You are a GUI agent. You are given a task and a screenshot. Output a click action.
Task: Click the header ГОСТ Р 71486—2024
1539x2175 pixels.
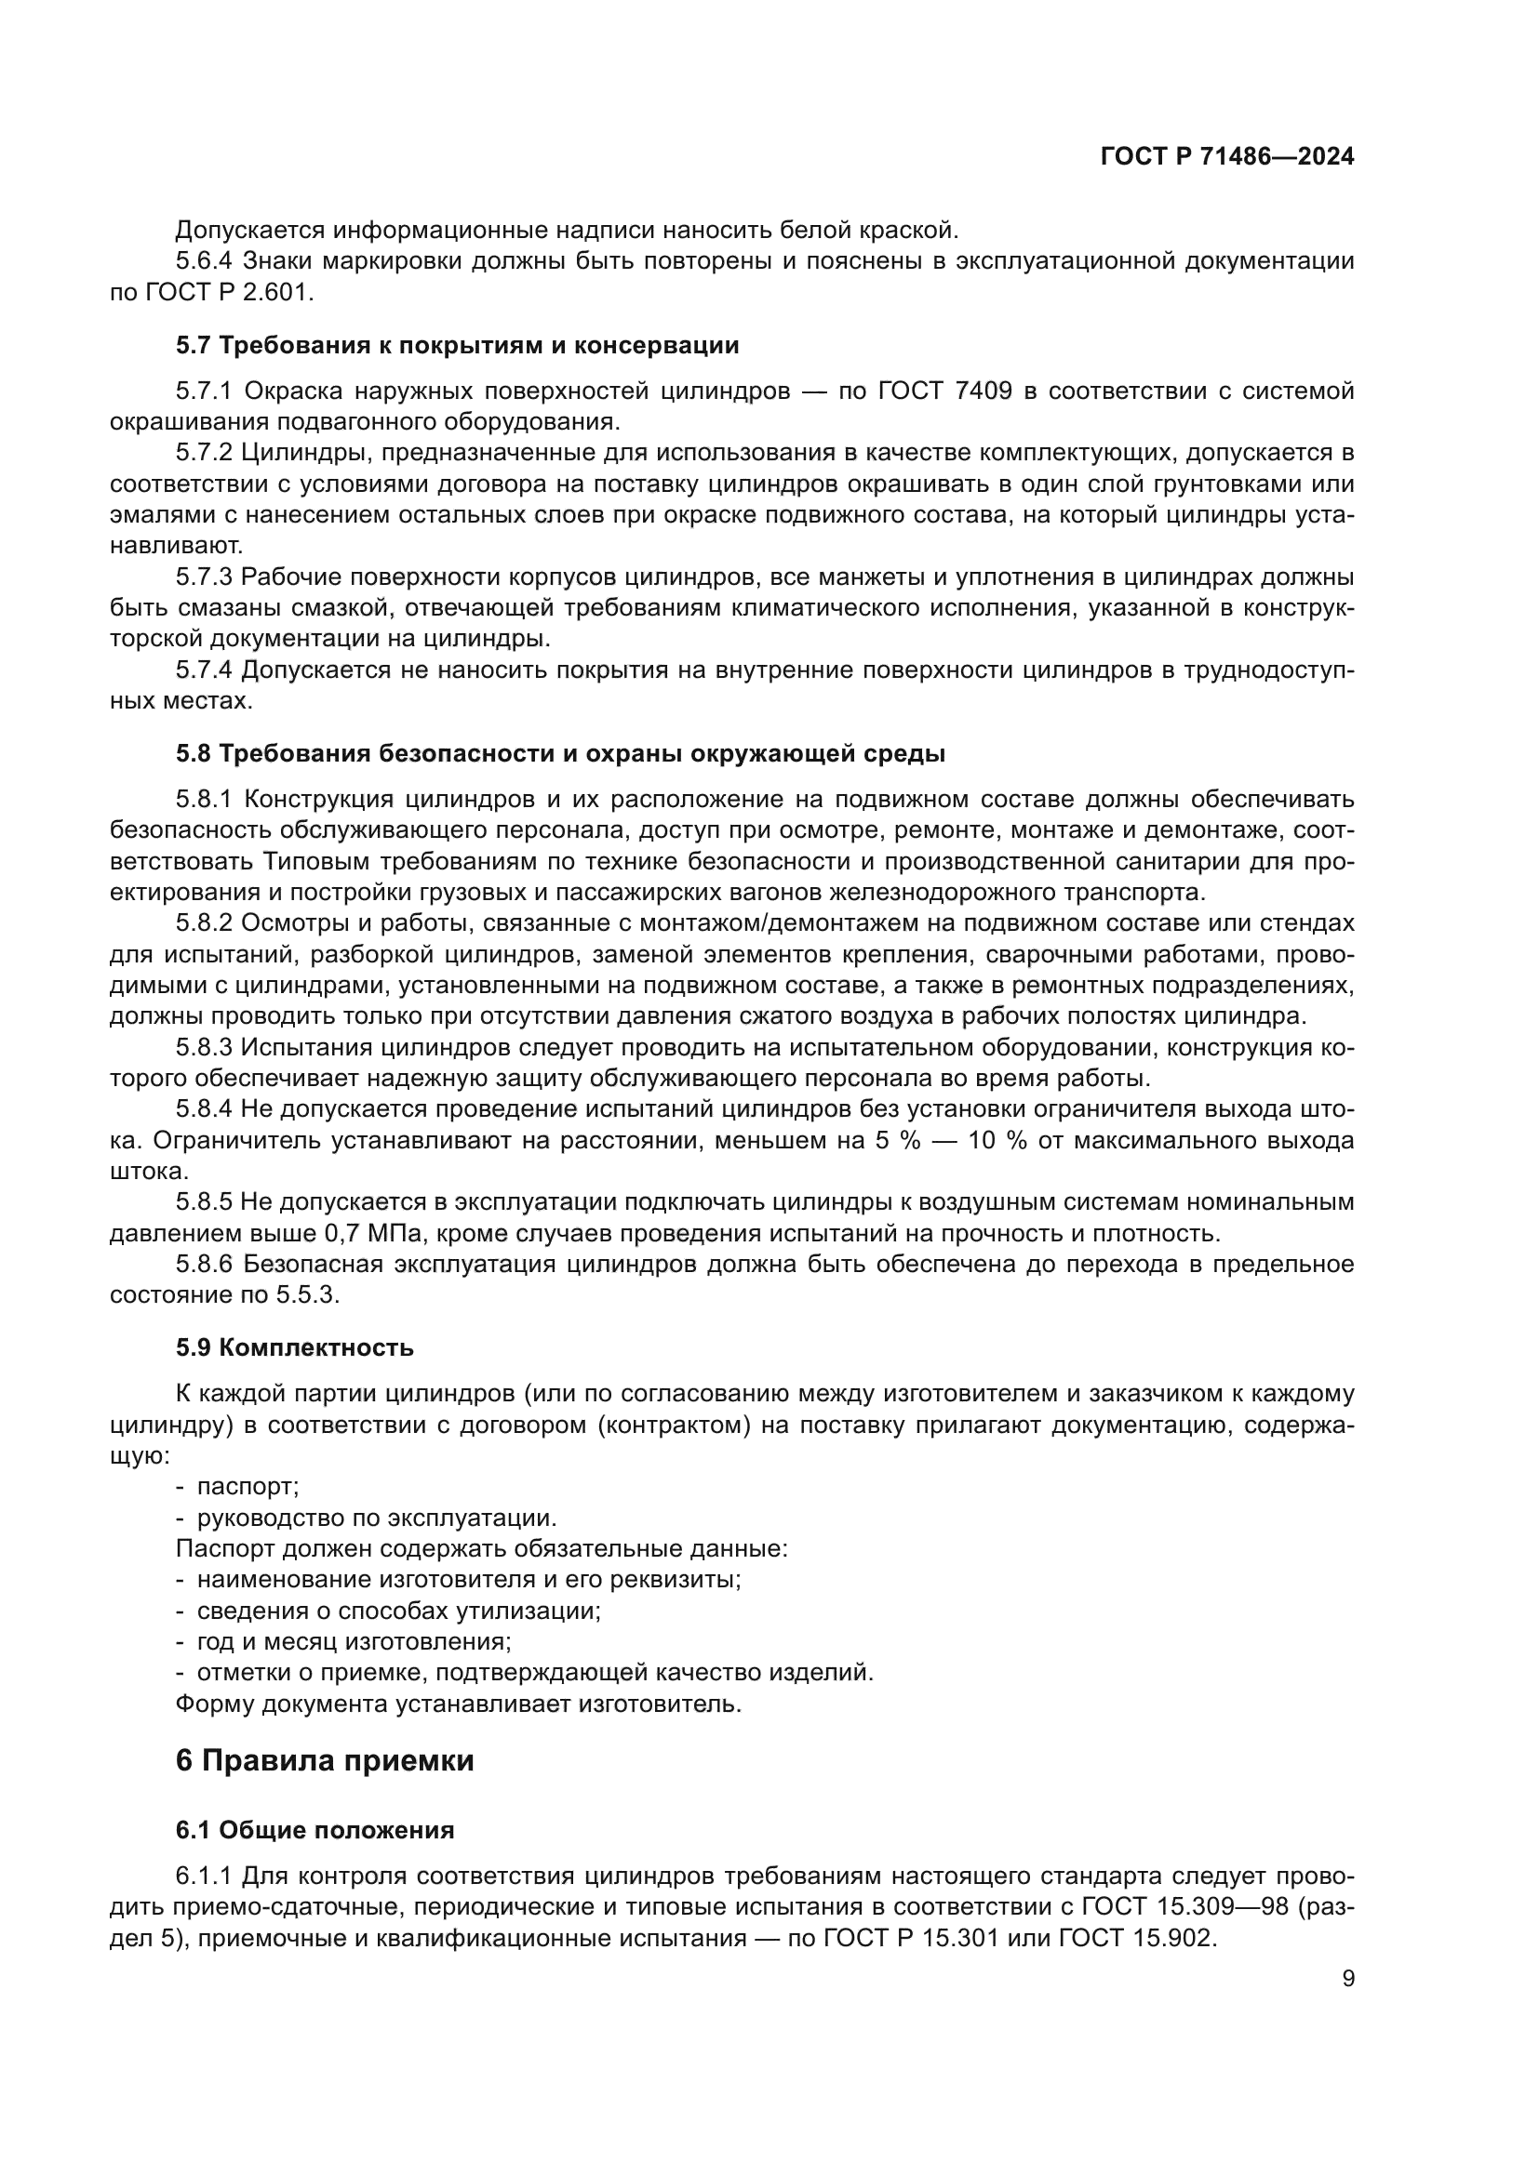(1226, 157)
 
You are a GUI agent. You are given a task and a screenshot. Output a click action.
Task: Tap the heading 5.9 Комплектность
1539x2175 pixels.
(294, 1347)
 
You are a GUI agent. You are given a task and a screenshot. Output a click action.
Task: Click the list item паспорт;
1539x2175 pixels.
(248, 1486)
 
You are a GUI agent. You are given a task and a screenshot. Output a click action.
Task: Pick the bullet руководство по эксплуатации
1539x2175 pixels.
(376, 1518)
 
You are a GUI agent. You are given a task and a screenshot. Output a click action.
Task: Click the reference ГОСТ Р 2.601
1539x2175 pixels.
(226, 292)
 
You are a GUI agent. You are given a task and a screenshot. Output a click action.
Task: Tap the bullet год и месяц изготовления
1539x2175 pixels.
(354, 1641)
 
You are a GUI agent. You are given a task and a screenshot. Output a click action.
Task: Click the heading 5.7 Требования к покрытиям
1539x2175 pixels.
(457, 345)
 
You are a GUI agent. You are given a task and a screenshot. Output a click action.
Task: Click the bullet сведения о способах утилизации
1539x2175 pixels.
(398, 1611)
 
